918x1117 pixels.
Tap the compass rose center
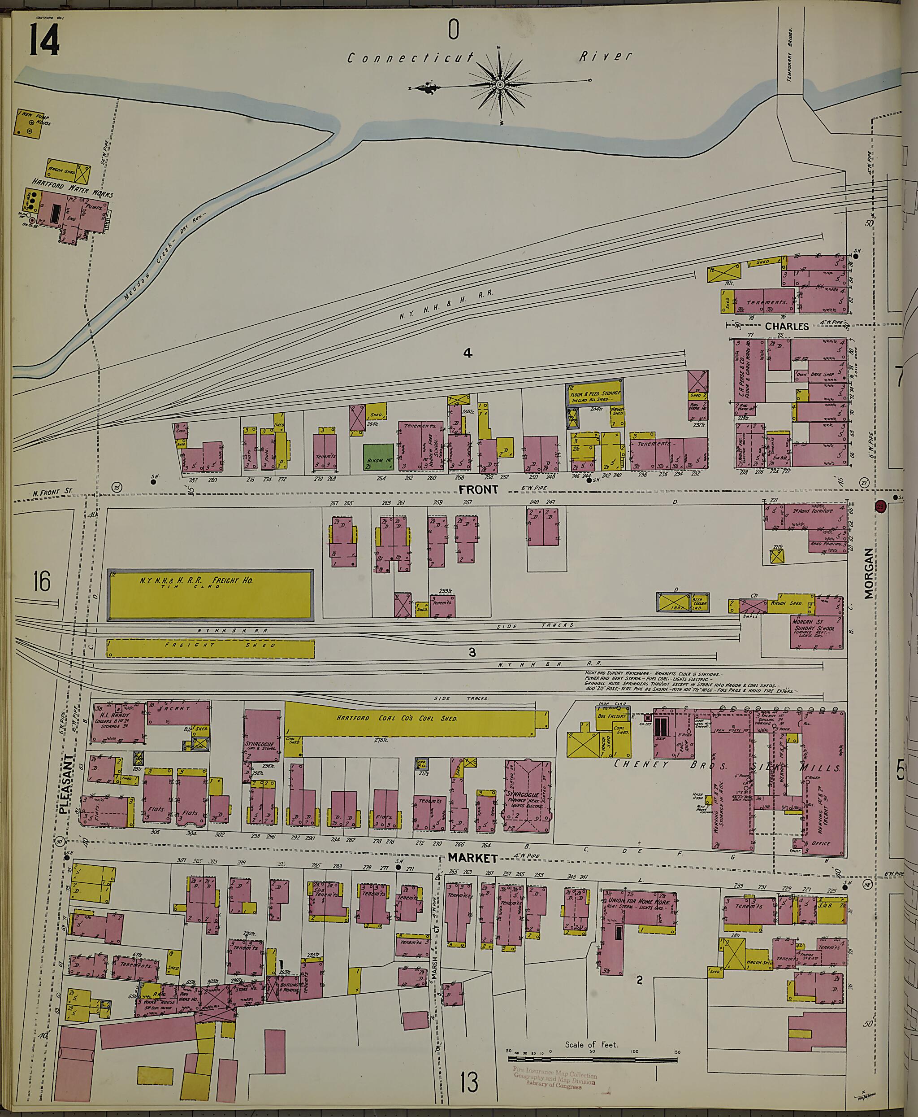pos(500,85)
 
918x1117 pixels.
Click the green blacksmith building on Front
pos(377,457)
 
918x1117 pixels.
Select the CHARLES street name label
pos(786,327)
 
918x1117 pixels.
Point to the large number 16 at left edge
pos(41,581)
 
